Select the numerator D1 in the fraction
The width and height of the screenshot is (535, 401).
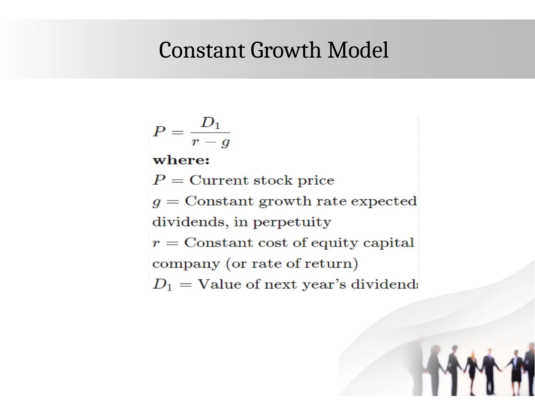click(210, 123)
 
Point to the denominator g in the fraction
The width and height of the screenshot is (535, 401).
click(225, 143)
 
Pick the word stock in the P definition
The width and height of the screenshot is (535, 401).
click(273, 180)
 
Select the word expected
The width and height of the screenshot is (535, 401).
click(383, 202)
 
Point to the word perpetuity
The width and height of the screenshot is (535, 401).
click(292, 222)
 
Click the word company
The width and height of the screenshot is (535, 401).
click(186, 264)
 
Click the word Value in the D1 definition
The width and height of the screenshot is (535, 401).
click(220, 284)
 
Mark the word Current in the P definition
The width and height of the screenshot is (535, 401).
click(219, 180)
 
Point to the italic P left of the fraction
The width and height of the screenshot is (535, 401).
click(159, 131)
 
